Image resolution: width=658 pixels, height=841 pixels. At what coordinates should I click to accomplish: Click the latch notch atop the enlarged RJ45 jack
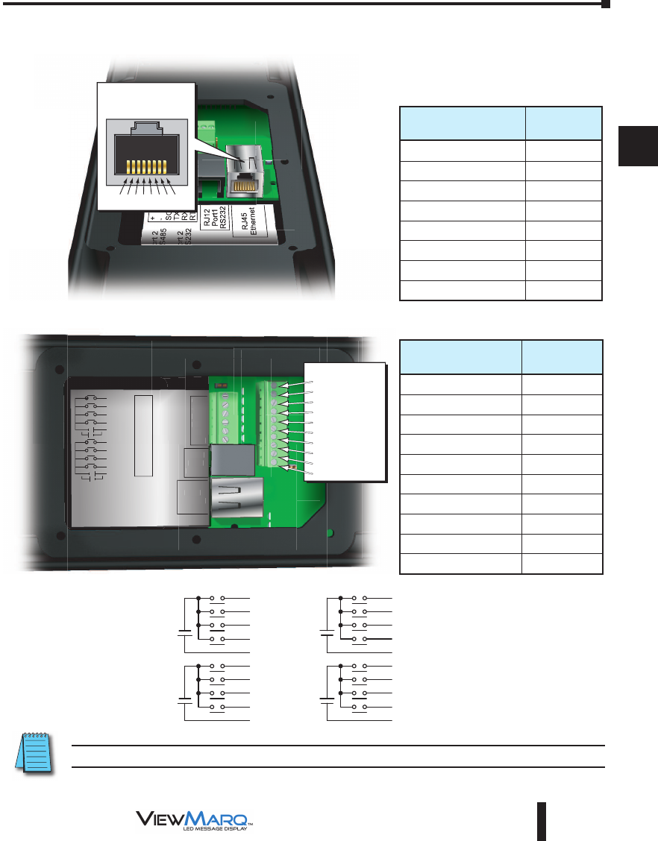coord(147,127)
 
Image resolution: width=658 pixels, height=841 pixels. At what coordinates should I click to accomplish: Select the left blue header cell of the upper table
coord(462,123)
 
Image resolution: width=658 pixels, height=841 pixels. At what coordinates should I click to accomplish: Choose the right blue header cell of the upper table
coord(563,123)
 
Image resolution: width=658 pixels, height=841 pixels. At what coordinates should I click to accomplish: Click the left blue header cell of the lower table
coord(460,357)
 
